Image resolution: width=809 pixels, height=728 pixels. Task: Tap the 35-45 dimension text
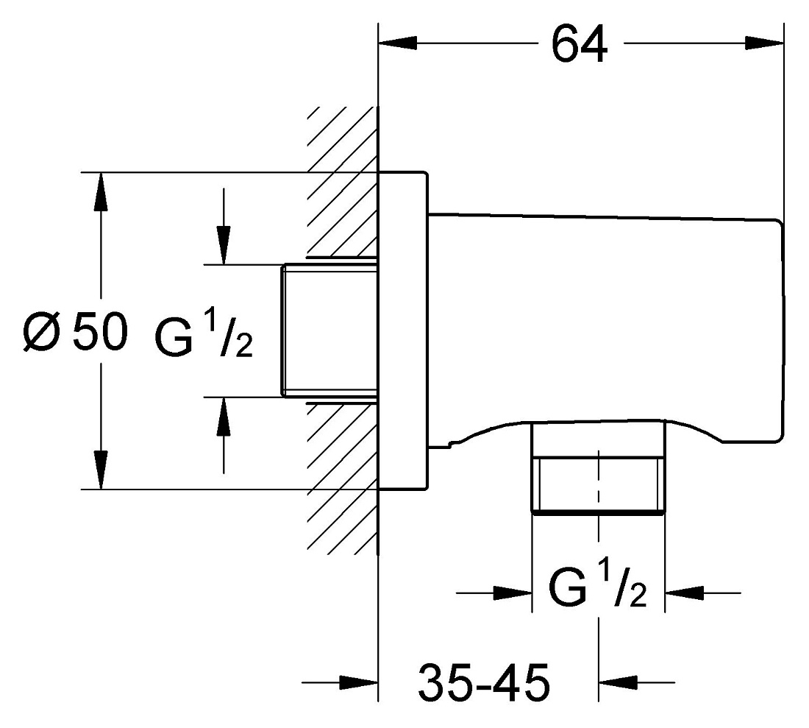click(x=483, y=682)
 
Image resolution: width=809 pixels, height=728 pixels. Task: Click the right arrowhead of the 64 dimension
click(x=764, y=43)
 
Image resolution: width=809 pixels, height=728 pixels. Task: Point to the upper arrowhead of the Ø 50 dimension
click(x=101, y=191)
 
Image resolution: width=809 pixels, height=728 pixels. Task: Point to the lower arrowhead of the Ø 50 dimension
click(x=101, y=470)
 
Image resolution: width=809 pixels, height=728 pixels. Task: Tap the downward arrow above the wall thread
click(x=224, y=227)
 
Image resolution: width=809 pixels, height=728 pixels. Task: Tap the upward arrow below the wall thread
click(x=224, y=435)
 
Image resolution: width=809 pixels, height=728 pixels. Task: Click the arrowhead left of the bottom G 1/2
click(x=513, y=593)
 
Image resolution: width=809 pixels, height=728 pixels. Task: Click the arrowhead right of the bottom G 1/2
click(x=684, y=593)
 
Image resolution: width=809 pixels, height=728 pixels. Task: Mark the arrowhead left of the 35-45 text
click(x=359, y=682)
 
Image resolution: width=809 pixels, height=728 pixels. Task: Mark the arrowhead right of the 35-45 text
click(x=618, y=682)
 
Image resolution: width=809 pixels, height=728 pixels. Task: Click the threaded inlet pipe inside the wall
click(x=329, y=331)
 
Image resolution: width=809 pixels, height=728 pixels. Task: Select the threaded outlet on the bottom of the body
click(x=599, y=467)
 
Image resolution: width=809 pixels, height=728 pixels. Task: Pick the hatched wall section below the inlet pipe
click(x=343, y=478)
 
